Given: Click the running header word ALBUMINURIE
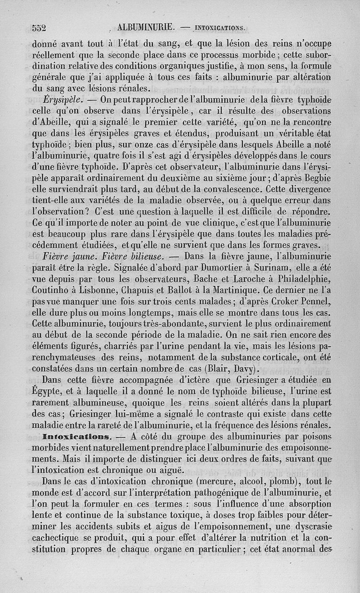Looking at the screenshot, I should (145, 27).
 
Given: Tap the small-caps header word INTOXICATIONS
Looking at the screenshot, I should (220, 28).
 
